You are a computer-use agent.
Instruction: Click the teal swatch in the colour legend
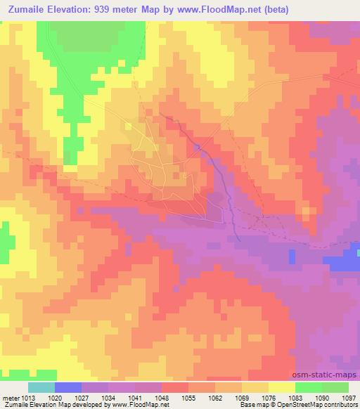tap(41, 387)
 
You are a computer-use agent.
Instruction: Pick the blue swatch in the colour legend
tap(68, 387)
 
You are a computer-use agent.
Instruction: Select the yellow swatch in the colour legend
tap(282, 387)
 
